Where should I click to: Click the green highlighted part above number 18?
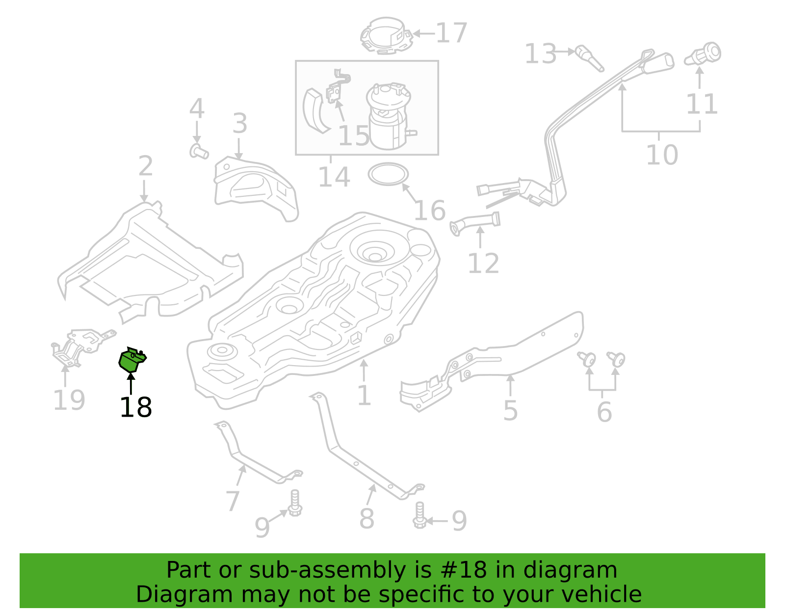(132, 359)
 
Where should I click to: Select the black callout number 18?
(136, 407)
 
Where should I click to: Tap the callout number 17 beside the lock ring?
(451, 33)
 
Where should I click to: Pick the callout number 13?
(540, 54)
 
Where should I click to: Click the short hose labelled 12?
(475, 223)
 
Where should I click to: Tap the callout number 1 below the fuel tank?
(364, 395)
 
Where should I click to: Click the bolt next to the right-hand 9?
(419, 515)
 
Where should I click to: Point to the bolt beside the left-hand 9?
(295, 503)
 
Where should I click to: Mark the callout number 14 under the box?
(334, 177)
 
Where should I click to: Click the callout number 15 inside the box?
(354, 136)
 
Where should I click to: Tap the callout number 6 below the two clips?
(604, 412)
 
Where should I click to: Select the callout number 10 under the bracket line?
(662, 155)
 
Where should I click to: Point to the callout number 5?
(510, 411)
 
